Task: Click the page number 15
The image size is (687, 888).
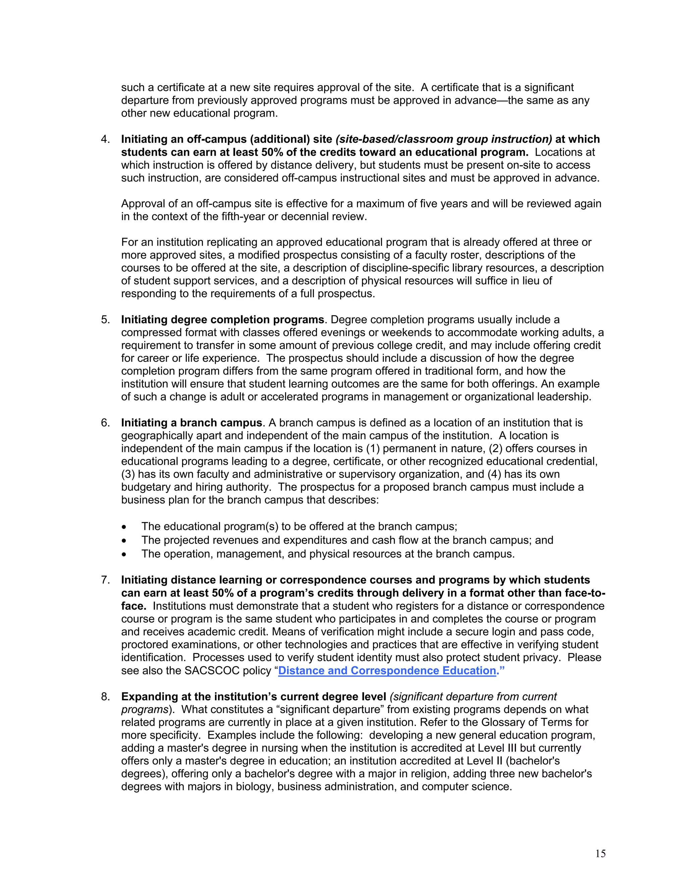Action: pyautogui.click(x=600, y=854)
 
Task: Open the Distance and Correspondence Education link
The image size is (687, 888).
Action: pyautogui.click(x=387, y=671)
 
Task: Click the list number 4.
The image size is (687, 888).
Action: pyautogui.click(x=105, y=139)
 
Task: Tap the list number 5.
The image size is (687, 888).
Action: pyautogui.click(x=105, y=320)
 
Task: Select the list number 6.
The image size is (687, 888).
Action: pyautogui.click(x=105, y=423)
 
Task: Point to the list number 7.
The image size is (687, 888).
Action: pyautogui.click(x=105, y=580)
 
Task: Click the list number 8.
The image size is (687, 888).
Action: pyautogui.click(x=105, y=697)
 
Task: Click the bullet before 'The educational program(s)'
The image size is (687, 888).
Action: pyautogui.click(x=124, y=527)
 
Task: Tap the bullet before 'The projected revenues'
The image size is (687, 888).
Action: pyautogui.click(x=124, y=541)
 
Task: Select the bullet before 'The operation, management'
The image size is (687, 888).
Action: pyautogui.click(x=124, y=555)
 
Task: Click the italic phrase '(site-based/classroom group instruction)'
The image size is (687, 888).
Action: pyautogui.click(x=443, y=139)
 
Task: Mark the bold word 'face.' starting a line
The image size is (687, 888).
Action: pyautogui.click(x=134, y=606)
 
